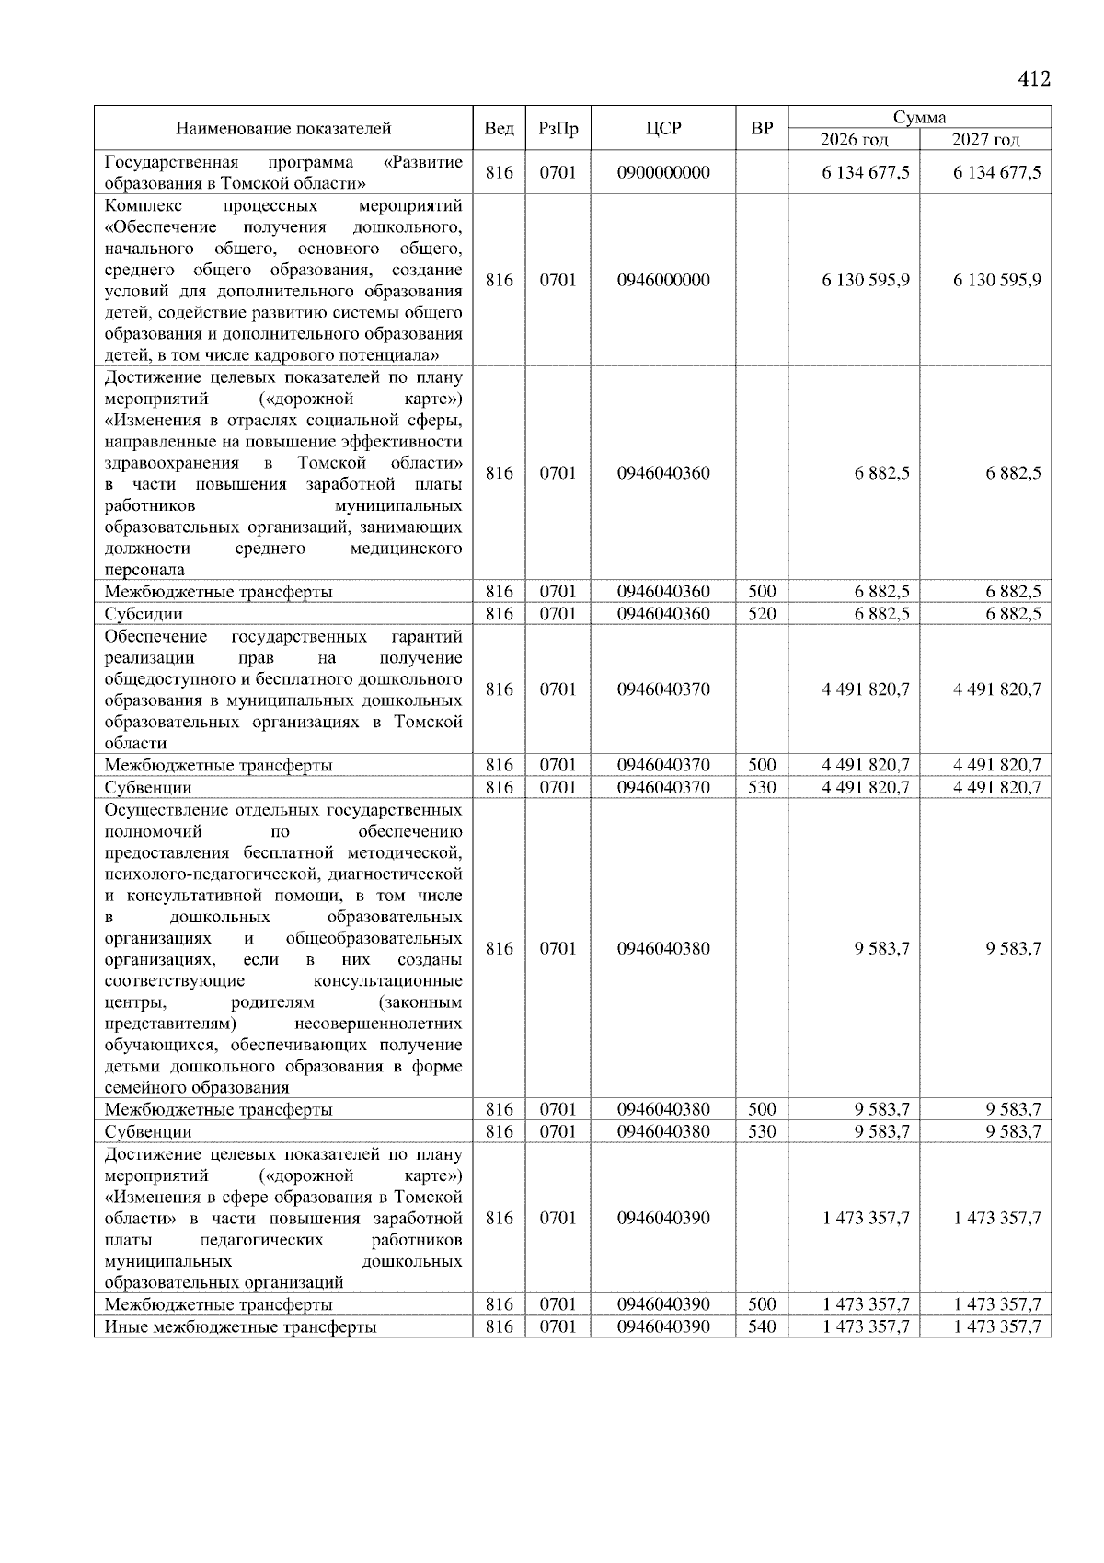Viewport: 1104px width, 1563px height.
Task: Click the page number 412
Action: tap(1033, 79)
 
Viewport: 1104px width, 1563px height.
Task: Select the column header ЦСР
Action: tap(663, 129)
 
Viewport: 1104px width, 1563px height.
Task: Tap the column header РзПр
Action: tap(558, 129)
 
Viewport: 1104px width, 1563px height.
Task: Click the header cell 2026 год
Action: tap(854, 140)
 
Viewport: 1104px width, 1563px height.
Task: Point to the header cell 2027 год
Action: tap(985, 140)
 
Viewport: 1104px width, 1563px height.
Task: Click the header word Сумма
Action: tap(919, 117)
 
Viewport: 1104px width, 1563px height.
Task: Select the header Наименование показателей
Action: tap(283, 129)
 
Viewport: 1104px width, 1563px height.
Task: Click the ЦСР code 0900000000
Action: tap(663, 172)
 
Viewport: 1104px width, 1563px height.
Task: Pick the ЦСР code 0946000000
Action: tap(663, 280)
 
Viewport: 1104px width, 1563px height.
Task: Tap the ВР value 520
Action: tap(761, 614)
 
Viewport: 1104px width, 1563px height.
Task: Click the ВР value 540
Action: tap(761, 1326)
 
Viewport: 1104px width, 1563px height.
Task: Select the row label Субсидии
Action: tap(144, 614)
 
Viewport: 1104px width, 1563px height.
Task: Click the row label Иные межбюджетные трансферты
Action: tap(240, 1326)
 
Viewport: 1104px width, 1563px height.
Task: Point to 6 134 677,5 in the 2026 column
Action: tap(865, 172)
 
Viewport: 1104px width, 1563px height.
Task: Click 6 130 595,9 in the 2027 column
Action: tap(996, 280)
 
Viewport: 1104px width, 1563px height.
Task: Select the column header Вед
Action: tap(499, 129)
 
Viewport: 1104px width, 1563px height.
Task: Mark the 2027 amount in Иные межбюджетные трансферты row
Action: tap(996, 1326)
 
